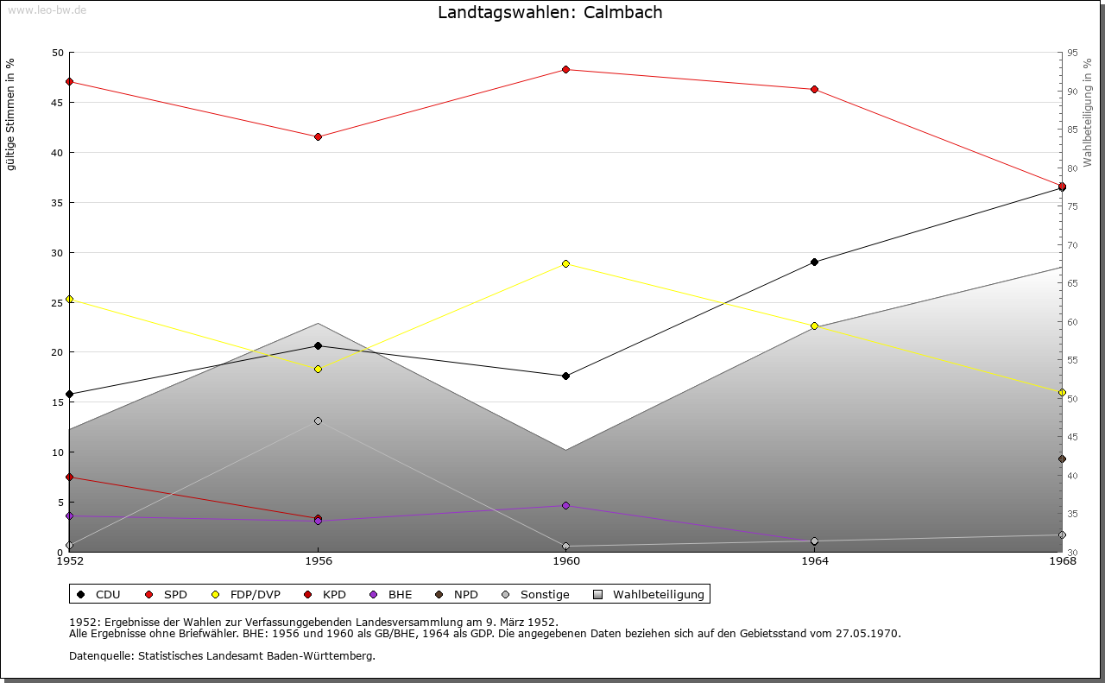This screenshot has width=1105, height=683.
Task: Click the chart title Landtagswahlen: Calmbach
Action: point(550,12)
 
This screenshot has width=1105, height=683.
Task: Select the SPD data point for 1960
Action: point(566,69)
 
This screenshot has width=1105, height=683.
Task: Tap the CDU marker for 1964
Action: point(814,262)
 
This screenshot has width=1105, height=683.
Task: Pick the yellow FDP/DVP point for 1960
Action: point(566,263)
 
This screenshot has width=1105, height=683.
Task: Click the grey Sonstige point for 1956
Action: point(318,421)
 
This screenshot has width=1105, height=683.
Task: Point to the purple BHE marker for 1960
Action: point(566,505)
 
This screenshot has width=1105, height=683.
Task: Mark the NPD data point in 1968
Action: point(1062,459)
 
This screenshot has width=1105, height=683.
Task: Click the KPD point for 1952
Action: point(69,477)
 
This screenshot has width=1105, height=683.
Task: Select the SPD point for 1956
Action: point(318,136)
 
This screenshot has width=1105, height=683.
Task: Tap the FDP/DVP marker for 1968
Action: point(1062,392)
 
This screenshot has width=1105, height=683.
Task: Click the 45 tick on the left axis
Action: point(57,103)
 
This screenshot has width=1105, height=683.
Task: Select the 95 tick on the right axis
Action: point(1072,53)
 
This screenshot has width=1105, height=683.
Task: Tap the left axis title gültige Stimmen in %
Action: point(11,114)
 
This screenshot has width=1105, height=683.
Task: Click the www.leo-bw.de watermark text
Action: point(47,10)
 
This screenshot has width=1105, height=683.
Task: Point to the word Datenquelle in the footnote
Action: point(98,655)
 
